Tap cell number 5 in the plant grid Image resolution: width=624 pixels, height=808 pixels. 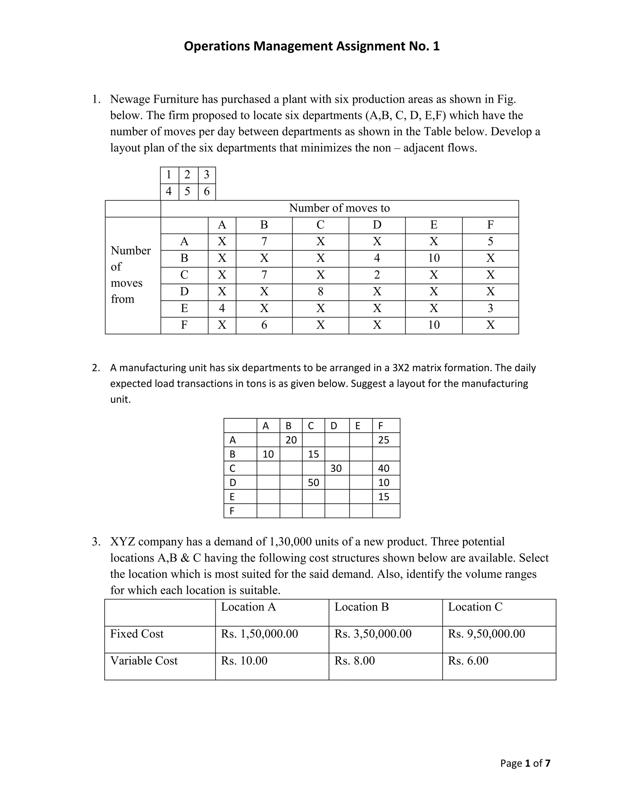click(x=187, y=191)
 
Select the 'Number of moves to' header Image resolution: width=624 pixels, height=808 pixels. click(x=339, y=208)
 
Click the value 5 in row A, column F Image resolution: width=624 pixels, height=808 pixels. click(x=490, y=241)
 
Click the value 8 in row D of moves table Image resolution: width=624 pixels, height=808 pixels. click(x=320, y=292)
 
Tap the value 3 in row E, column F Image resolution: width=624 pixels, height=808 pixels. click(x=490, y=308)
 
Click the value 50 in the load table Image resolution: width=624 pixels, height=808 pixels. click(x=313, y=483)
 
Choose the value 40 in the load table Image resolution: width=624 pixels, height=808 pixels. click(x=383, y=469)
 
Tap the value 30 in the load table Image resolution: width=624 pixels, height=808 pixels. click(x=336, y=469)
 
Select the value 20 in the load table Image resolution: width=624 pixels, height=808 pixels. click(x=291, y=440)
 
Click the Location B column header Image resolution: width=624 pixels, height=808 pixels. click(x=362, y=607)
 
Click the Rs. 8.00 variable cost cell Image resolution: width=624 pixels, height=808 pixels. click(x=355, y=661)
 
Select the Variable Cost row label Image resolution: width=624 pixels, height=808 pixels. click(x=144, y=661)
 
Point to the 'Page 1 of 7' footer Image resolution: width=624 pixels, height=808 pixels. click(x=525, y=763)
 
